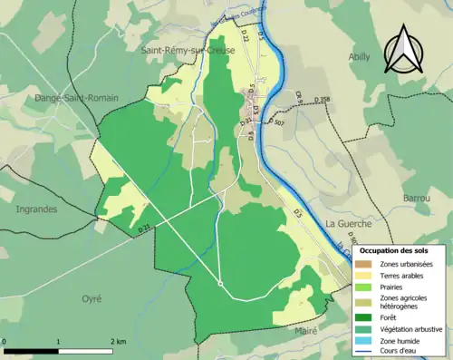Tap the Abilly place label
pyautogui.click(x=360, y=56)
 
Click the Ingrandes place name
pyautogui.click(x=36, y=209)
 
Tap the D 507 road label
pyautogui.click(x=278, y=122)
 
